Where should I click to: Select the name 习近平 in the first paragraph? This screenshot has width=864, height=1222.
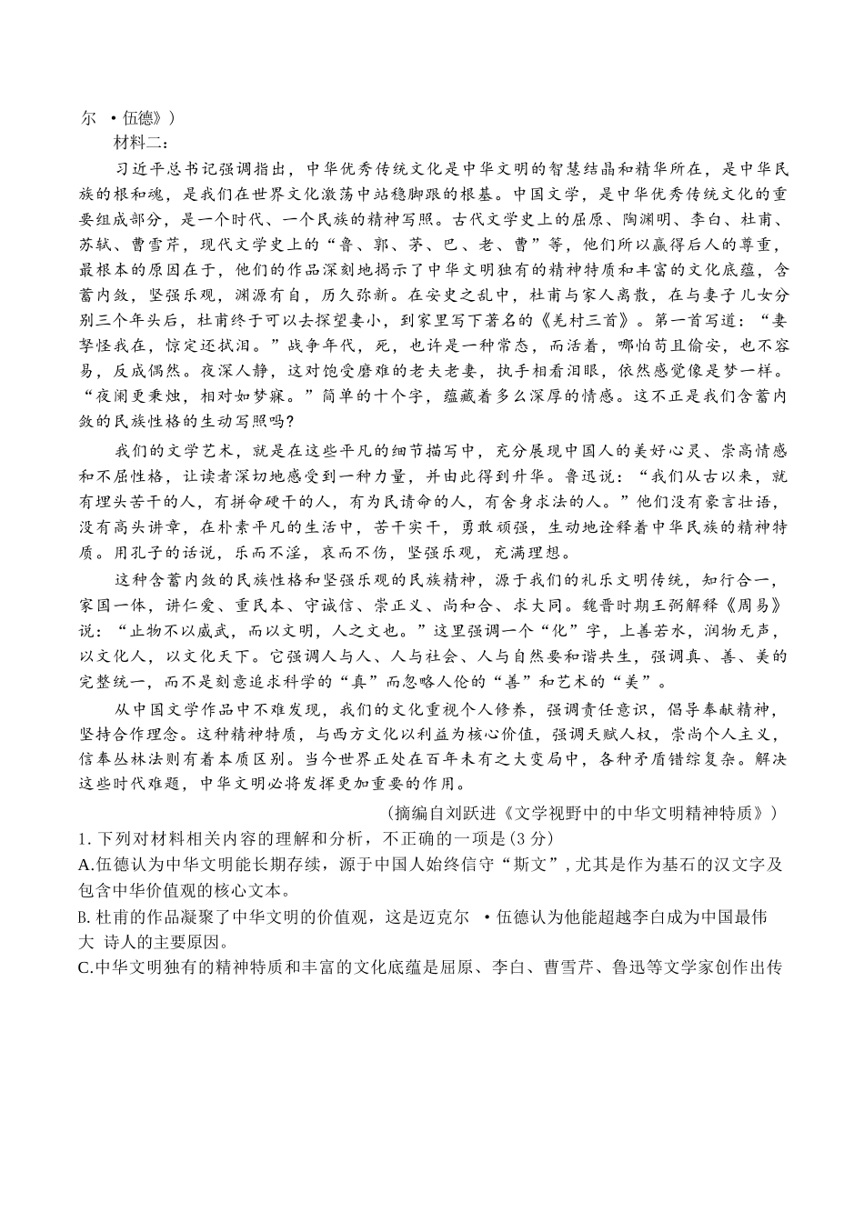click(136, 169)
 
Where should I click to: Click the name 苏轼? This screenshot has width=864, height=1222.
click(95, 245)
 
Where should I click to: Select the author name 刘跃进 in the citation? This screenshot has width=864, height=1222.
click(477, 812)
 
